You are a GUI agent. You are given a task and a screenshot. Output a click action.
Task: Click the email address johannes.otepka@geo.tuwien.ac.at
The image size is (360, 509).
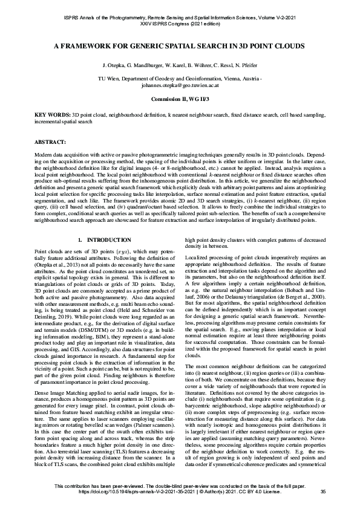pos(180,85)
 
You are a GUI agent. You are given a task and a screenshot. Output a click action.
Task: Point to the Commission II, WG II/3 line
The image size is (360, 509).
pos(180,99)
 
